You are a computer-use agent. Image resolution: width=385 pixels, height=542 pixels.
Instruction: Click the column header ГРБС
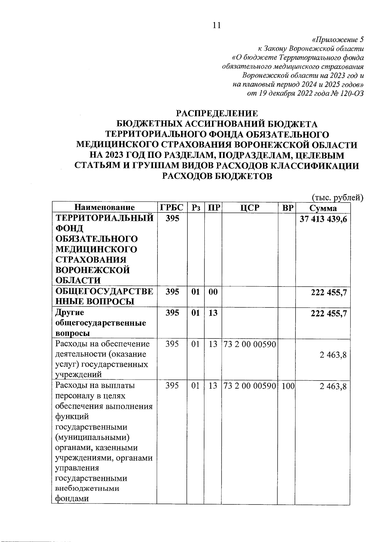172,208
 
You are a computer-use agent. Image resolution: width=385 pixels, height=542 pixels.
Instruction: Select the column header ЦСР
250,208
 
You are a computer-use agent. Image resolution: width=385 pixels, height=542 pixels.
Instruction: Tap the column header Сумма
323,208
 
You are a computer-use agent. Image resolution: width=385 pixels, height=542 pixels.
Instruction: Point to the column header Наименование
105,208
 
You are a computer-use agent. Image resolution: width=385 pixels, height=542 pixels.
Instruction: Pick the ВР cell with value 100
288,386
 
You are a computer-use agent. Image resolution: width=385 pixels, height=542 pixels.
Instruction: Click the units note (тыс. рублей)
338,198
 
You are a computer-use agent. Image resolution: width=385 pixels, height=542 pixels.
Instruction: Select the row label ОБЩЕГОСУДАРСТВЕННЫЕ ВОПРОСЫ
104,297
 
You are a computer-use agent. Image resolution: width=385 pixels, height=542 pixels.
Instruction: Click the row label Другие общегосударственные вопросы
101,323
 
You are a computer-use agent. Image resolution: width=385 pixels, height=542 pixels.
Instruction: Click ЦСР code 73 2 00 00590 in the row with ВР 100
250,386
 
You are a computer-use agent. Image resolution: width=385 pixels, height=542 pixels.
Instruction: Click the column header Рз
195,208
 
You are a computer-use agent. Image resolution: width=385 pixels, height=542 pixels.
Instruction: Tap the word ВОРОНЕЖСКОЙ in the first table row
93,270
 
